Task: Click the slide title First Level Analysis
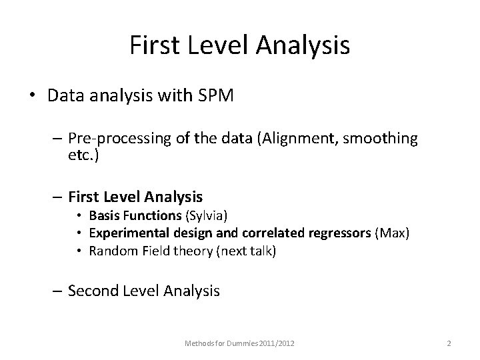[240, 45]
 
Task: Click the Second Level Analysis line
[144, 290]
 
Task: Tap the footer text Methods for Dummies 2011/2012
[239, 343]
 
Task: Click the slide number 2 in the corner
[449, 343]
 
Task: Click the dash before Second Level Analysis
[58, 290]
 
